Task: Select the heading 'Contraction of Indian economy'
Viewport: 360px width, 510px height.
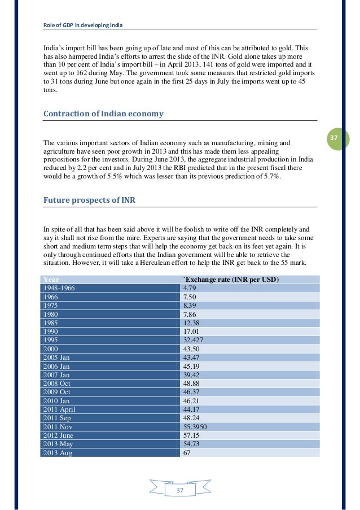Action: (x=103, y=114)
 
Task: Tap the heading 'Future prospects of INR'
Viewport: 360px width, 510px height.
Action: (x=89, y=200)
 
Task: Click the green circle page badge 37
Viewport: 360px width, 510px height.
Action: (x=333, y=138)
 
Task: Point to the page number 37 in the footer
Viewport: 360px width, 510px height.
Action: (x=180, y=491)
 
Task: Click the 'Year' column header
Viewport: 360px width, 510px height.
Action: (x=51, y=280)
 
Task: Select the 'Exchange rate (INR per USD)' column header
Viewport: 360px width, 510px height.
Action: (x=232, y=280)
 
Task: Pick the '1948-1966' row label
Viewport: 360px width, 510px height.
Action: (x=59, y=288)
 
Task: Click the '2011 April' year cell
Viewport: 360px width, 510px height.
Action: (x=59, y=409)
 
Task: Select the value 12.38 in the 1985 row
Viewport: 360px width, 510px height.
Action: (x=193, y=323)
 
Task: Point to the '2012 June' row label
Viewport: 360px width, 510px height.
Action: (x=58, y=435)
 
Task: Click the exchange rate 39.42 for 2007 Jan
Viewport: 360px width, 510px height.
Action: (x=193, y=375)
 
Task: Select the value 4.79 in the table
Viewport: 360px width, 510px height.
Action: (x=191, y=288)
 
